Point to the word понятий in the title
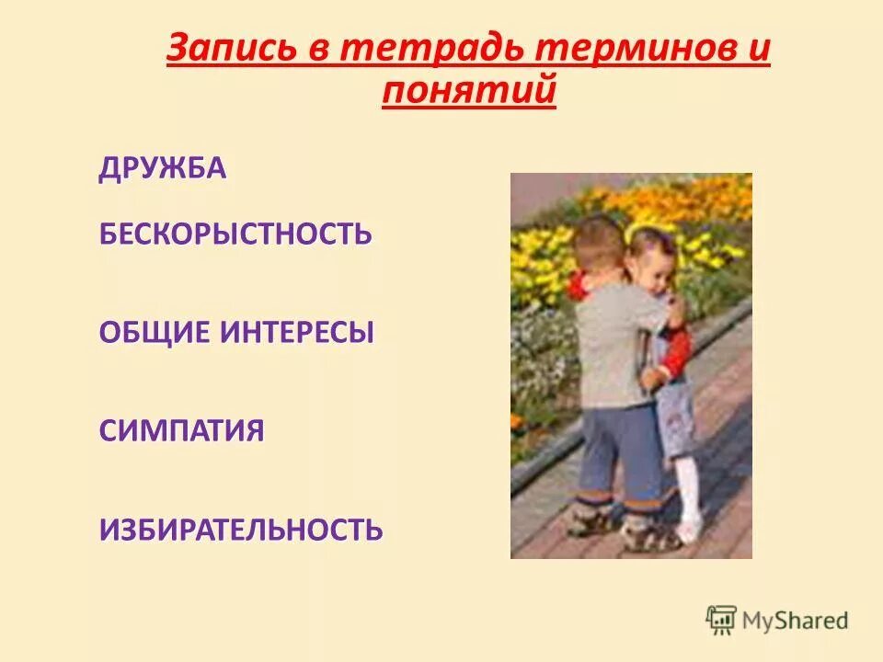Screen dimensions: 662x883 pyautogui.click(x=468, y=92)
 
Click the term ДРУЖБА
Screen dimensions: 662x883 pyautogui.click(x=162, y=169)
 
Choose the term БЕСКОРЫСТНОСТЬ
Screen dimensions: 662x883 pyautogui.click(x=235, y=233)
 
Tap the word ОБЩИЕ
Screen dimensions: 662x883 pyautogui.click(x=154, y=333)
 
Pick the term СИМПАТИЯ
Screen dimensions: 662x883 pyautogui.click(x=181, y=431)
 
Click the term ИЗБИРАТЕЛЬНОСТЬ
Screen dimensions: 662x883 pyautogui.click(x=240, y=530)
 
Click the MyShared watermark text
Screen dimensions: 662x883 pyautogui.click(x=796, y=620)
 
